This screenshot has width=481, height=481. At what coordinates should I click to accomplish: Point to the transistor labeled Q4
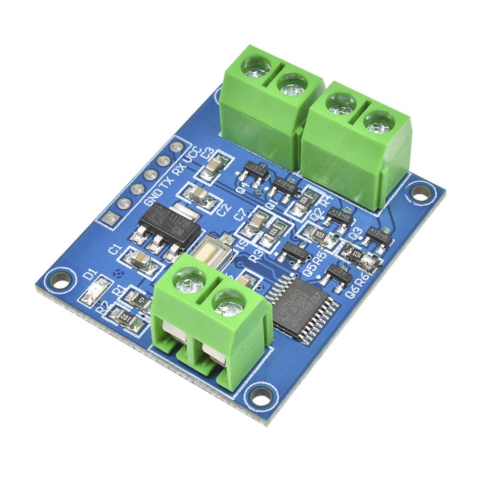[x=253, y=170]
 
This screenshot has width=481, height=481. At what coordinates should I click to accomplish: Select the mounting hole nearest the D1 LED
[x=62, y=279]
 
